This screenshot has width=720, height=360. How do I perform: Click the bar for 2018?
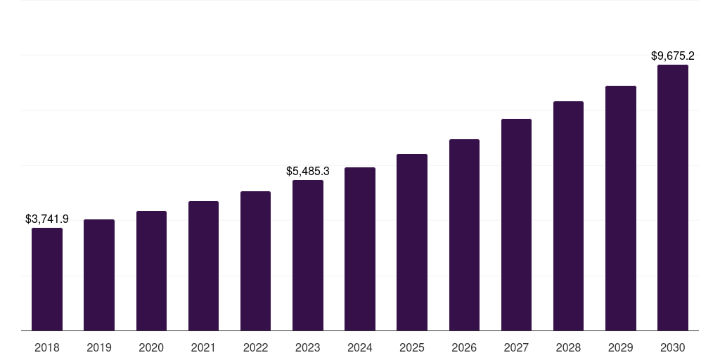(x=47, y=279)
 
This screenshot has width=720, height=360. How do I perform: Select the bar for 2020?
(x=151, y=271)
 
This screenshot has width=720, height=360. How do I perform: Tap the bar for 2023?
(x=308, y=255)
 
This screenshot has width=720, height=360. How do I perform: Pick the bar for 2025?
(x=412, y=243)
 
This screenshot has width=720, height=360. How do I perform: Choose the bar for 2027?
(x=516, y=225)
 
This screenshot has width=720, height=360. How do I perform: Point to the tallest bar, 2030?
(x=673, y=198)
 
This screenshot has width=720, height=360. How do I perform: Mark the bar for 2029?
(x=621, y=208)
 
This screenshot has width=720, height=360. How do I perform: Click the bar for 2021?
(x=203, y=266)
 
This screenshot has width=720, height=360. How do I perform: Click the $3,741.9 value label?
(x=47, y=219)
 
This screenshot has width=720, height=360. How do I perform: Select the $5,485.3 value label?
(x=308, y=171)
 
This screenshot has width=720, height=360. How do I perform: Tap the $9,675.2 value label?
(x=673, y=56)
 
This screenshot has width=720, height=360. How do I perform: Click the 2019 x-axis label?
(x=99, y=347)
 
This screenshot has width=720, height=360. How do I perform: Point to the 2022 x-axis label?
(x=256, y=347)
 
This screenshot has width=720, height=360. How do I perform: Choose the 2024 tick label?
(x=360, y=347)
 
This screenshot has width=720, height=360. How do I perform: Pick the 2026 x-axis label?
(x=464, y=347)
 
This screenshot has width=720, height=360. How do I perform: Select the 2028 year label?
(x=568, y=347)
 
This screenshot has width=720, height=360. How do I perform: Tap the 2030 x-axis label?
(x=673, y=347)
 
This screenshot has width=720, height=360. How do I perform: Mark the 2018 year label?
(x=47, y=347)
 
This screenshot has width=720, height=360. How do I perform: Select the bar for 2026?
(x=464, y=235)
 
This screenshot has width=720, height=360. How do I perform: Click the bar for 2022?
(x=256, y=261)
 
